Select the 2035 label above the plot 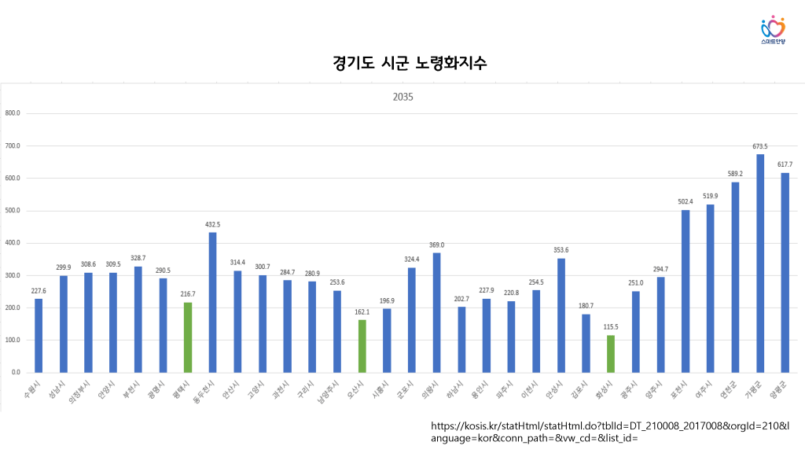tap(402, 98)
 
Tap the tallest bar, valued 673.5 tap(760, 263)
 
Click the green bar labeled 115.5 tap(611, 354)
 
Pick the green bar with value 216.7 tap(187, 337)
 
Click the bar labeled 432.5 tap(212, 302)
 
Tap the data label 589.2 tap(735, 174)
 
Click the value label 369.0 tap(436, 245)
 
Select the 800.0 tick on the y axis tap(13, 113)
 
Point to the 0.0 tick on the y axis tap(16, 372)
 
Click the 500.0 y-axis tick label tap(13, 211)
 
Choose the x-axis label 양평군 tap(779, 389)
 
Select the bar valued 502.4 tap(686, 291)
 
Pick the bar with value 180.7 tap(586, 343)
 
